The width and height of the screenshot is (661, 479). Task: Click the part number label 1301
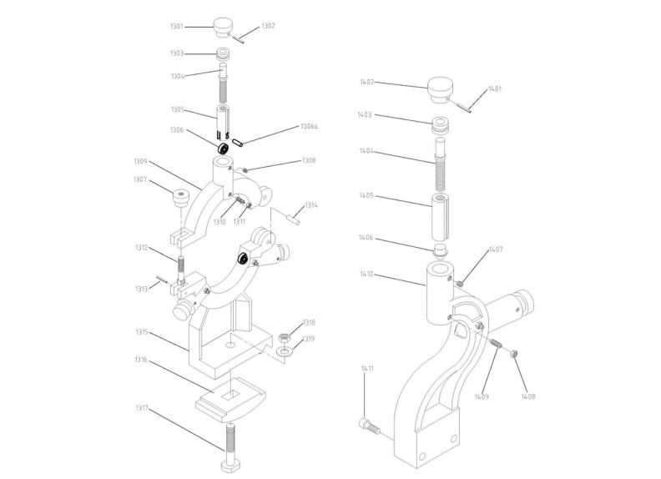177,27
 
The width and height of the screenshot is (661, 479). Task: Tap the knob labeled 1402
440,89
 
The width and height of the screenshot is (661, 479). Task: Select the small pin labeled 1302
237,39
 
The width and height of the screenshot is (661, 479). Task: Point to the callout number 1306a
309,127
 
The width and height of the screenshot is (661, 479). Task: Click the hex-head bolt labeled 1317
230,448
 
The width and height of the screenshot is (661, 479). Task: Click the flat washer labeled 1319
284,350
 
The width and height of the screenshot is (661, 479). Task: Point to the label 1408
527,396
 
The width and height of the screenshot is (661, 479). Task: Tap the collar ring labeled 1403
441,126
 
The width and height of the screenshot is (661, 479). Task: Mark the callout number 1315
142,332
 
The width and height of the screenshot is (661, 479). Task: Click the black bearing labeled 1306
223,149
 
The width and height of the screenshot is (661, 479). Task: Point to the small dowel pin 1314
294,219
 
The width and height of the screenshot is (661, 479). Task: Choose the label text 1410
366,274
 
